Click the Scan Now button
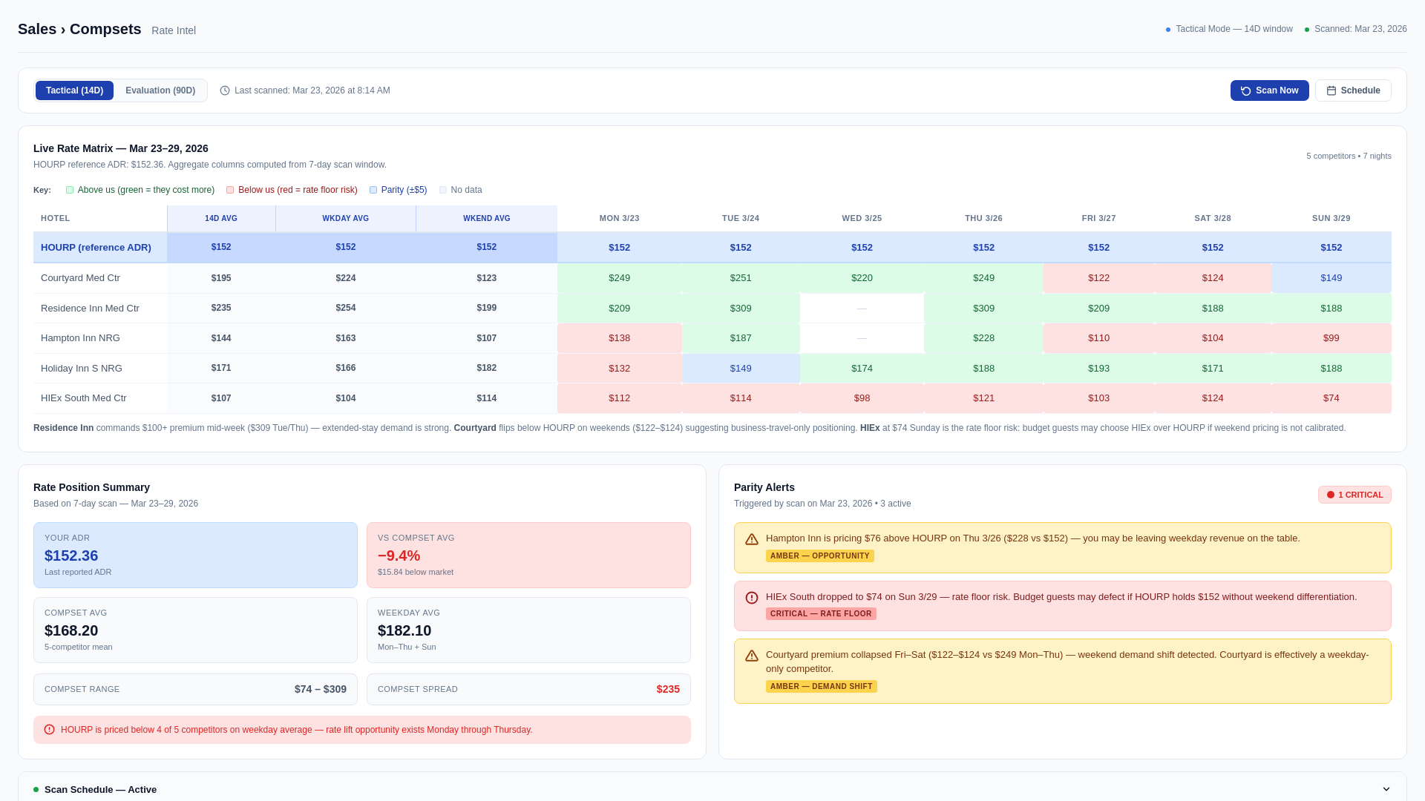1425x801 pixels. pyautogui.click(x=1269, y=90)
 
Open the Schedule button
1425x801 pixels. pyautogui.click(x=1352, y=90)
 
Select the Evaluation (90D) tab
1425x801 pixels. pyautogui.click(x=160, y=90)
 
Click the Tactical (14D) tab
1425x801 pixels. pyautogui.click(x=74, y=90)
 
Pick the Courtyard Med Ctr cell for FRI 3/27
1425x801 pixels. pyautogui.click(x=1098, y=278)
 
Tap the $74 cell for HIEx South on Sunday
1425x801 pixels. pyautogui.click(x=1331, y=398)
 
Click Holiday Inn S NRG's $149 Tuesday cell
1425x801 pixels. pyautogui.click(x=740, y=369)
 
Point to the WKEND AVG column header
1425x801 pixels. pyautogui.click(x=486, y=219)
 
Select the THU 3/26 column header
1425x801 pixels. pyautogui.click(x=983, y=219)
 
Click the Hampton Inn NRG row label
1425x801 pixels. pyautogui.click(x=80, y=338)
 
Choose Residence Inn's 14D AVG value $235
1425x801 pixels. pyautogui.click(x=221, y=308)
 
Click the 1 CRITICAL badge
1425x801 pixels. pyautogui.click(x=1354, y=495)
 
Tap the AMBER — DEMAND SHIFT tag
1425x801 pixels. pyautogui.click(x=821, y=687)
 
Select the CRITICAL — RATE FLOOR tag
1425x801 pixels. pyautogui.click(x=821, y=614)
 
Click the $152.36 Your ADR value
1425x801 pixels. pyautogui.click(x=71, y=556)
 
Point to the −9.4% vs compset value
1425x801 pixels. pyautogui.click(x=399, y=556)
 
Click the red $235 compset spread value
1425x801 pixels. pyautogui.click(x=668, y=690)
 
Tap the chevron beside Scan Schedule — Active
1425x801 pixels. pyautogui.click(x=1386, y=789)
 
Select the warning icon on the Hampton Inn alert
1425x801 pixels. pyautogui.click(x=752, y=539)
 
